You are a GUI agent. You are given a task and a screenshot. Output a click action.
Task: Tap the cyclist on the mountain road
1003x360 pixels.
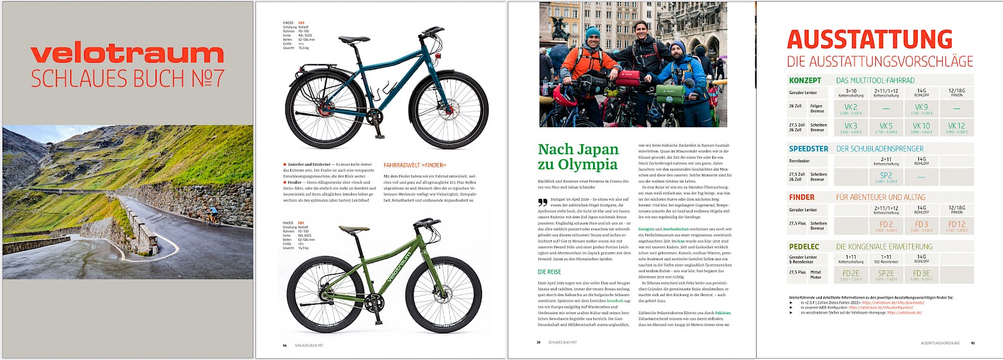(213, 216)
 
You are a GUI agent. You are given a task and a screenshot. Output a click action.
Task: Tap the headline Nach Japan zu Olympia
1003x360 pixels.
(578, 157)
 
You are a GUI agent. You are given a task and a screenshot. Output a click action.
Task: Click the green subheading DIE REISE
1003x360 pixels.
(549, 272)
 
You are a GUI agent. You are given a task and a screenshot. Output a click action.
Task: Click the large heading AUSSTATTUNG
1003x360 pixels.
(869, 40)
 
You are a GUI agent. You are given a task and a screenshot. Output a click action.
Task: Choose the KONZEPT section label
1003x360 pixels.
(805, 80)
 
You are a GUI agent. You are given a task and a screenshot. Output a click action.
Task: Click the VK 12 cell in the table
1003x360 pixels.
(956, 126)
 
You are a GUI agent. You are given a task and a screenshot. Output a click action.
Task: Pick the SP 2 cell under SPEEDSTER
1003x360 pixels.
(886, 176)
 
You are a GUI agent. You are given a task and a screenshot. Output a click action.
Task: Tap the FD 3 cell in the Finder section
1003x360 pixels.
(921, 225)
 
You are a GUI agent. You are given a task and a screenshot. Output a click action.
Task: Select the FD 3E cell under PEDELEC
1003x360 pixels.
(921, 273)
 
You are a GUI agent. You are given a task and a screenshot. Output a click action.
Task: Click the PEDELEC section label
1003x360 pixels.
(804, 246)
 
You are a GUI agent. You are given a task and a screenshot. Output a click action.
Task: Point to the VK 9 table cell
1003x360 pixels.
(921, 107)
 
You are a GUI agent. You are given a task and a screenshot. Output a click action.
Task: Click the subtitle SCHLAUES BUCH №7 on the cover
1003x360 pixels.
(127, 79)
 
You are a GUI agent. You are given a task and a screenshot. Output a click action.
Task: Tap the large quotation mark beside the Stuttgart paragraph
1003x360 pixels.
(542, 203)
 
